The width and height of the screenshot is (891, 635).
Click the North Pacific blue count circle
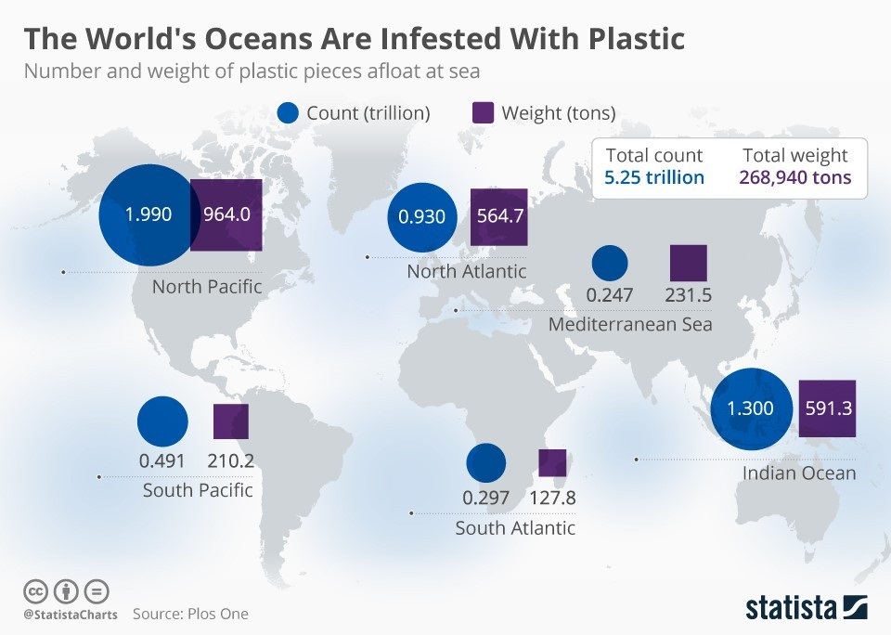coord(148,215)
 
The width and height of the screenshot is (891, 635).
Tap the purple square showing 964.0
coord(226,215)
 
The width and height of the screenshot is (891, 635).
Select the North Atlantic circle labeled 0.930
coord(422,217)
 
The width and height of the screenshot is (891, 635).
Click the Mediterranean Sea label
coord(630,324)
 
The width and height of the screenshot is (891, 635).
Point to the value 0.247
coord(610,295)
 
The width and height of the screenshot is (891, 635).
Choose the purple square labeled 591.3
coord(827,408)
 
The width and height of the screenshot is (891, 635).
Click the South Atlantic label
coord(515,528)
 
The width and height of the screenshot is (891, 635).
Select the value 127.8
coord(552,498)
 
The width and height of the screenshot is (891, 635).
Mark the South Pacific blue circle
coord(162,421)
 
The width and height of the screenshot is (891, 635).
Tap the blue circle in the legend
coord(289,113)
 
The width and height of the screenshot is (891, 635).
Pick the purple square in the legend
coord(483,113)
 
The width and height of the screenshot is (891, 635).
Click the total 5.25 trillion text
coord(654,177)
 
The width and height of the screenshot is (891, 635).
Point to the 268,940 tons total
coord(795,177)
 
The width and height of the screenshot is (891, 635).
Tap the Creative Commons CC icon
coord(35,590)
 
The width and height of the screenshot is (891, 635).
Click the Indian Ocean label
coord(799,473)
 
